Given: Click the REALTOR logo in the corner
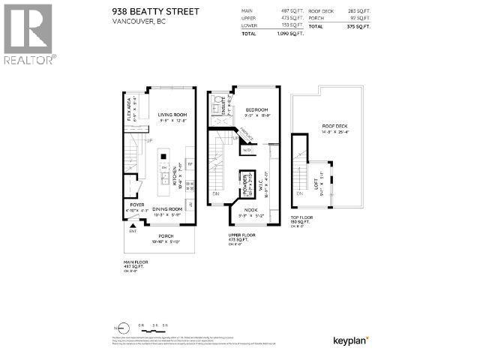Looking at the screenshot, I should pos(28,34).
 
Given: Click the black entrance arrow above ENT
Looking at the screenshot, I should pos(133,226).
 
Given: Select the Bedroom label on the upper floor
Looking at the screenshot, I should pos(256,109).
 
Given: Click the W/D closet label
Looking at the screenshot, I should pos(247,148).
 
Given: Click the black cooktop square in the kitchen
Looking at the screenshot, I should pos(163,155).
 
